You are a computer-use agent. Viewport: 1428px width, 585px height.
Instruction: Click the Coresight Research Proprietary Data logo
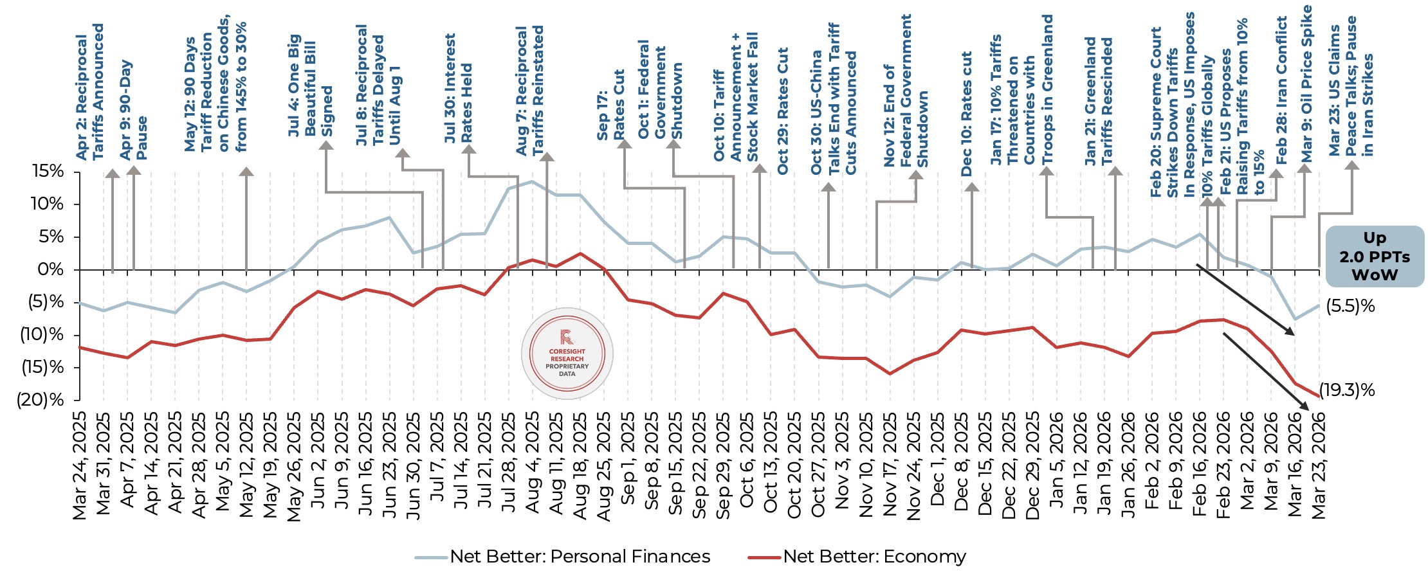point(567,354)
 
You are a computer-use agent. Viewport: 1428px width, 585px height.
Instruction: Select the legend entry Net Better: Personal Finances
point(579,557)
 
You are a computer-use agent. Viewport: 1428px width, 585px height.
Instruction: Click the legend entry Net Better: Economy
point(874,557)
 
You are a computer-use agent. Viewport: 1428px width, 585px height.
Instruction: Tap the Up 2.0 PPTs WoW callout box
point(1375,256)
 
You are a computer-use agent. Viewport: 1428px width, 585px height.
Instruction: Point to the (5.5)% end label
point(1350,307)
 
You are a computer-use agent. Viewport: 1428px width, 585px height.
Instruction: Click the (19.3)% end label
point(1347,390)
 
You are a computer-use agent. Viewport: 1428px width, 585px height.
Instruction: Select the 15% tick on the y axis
point(48,172)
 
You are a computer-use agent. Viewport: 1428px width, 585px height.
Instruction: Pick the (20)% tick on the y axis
point(41,401)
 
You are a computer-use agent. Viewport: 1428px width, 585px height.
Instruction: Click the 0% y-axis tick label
point(51,269)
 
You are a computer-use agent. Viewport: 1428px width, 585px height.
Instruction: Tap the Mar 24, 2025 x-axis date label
point(80,466)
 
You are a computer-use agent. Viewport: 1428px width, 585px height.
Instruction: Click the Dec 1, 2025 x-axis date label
point(938,462)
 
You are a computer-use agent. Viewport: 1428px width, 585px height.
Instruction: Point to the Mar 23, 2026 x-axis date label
point(1319,466)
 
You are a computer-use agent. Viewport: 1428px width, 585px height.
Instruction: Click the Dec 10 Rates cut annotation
point(966,114)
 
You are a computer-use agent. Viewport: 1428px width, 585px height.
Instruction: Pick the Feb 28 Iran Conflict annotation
point(1281,90)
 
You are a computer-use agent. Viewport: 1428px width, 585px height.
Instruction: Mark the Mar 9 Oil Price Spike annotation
point(1306,84)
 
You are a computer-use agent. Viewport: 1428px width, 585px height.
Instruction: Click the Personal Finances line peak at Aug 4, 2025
point(532,182)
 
